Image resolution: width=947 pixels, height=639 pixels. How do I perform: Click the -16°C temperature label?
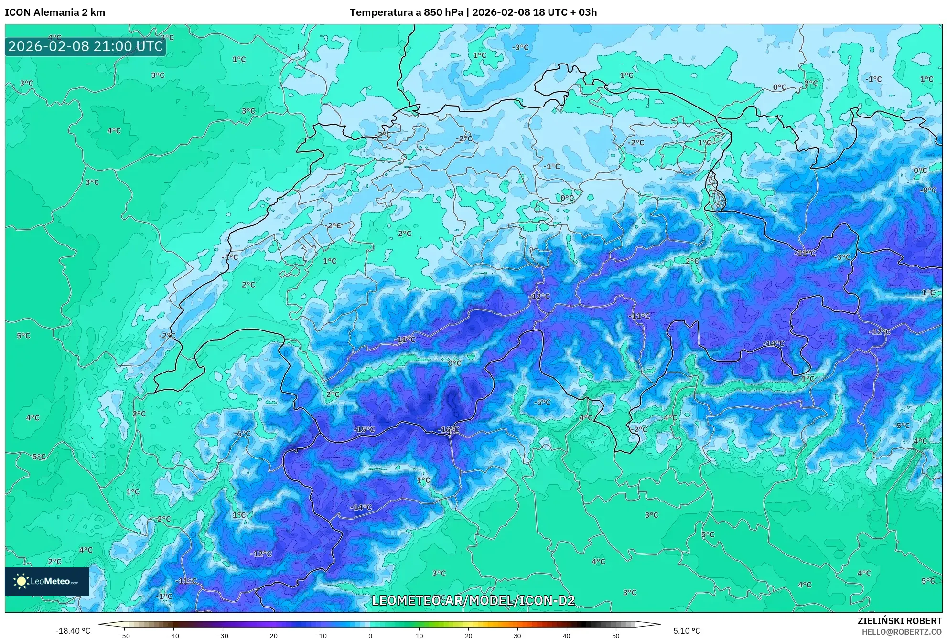[448, 430]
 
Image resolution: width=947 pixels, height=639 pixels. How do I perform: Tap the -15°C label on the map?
[364, 429]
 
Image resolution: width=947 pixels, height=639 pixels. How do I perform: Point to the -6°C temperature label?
[242, 433]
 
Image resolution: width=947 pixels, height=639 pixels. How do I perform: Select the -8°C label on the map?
[928, 190]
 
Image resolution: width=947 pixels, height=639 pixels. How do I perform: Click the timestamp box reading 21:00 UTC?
[86, 46]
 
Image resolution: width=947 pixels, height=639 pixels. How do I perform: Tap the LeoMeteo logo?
[47, 581]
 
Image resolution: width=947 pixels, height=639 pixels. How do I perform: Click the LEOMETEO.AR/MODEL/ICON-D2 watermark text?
[473, 600]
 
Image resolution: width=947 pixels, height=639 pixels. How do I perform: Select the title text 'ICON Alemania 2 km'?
[55, 12]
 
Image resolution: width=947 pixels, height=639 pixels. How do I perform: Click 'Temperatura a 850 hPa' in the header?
[406, 12]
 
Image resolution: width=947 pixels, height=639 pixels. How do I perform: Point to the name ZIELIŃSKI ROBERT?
[900, 621]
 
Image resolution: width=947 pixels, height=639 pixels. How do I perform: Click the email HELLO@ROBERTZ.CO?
[902, 632]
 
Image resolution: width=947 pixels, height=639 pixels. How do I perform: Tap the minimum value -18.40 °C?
[73, 631]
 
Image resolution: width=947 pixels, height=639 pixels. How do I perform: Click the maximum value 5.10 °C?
[687, 631]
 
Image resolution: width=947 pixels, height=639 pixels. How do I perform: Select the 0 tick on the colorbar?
[370, 635]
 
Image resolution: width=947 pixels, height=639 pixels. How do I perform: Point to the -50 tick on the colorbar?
[124, 635]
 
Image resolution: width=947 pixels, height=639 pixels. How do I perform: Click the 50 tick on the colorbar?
[615, 635]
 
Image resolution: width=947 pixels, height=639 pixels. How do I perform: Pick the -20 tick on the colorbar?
[271, 635]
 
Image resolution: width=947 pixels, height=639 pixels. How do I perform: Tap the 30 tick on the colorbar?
[517, 635]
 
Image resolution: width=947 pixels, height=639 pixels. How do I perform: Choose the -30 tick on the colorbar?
[222, 635]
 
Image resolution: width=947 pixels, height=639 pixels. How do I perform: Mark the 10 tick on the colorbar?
[419, 635]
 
